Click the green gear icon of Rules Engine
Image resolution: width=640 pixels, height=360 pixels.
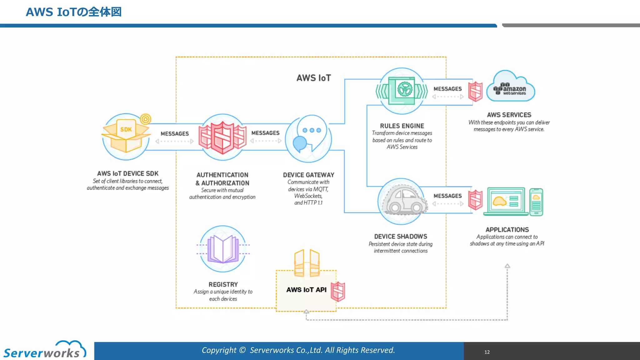(x=405, y=89)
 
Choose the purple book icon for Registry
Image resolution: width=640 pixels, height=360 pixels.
(x=223, y=249)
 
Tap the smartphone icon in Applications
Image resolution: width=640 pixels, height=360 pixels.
(x=536, y=202)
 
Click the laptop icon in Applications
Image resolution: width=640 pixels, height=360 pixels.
(x=506, y=202)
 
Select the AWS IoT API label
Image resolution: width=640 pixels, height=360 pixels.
(x=306, y=290)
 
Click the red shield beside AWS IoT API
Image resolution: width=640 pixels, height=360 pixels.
(x=338, y=292)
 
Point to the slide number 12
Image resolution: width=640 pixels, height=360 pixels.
(x=487, y=352)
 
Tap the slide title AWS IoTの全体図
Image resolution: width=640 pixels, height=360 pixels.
(x=73, y=12)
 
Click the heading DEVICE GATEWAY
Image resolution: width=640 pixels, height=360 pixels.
(x=308, y=175)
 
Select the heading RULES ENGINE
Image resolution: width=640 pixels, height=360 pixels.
(x=402, y=126)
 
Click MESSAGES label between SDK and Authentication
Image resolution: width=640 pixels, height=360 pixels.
(x=175, y=134)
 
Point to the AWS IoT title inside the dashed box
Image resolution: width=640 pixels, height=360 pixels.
(x=313, y=78)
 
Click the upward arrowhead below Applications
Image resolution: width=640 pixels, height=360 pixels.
(x=507, y=266)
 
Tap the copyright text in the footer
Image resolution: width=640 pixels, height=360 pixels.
(x=298, y=350)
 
